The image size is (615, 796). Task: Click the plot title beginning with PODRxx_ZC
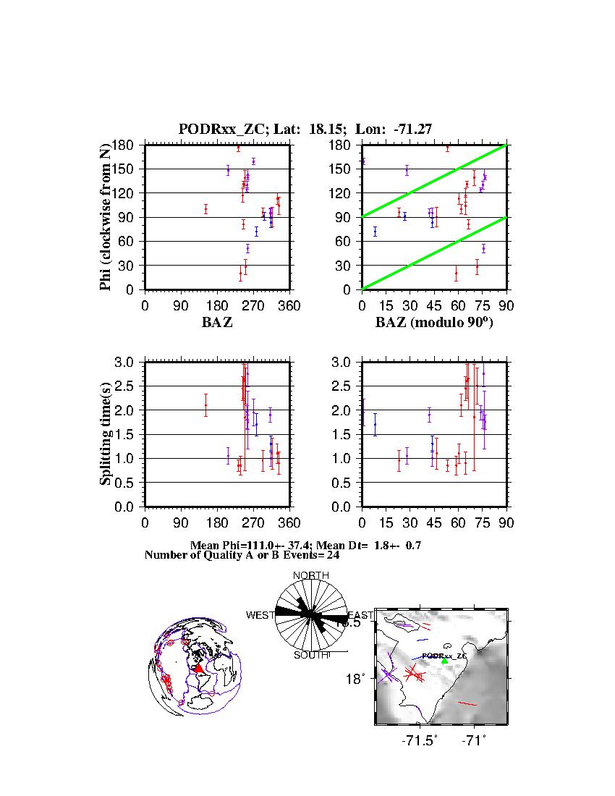(305, 130)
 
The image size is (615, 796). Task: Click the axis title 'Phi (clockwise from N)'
(106, 217)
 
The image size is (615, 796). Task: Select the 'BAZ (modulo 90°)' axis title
(434, 323)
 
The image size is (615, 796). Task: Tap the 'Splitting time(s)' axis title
(106, 434)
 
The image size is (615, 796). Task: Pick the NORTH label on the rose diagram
(310, 575)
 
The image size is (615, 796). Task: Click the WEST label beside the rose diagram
(260, 615)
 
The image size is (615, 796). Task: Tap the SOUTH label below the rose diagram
(311, 655)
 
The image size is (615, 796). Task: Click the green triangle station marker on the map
(445, 660)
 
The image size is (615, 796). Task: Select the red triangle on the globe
(199, 669)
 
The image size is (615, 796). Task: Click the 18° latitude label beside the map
(360, 679)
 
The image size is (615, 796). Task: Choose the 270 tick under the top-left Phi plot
(253, 306)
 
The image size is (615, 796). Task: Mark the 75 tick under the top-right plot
(482, 306)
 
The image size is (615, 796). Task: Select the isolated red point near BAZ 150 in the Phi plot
(205, 209)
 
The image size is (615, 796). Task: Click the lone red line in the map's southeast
(467, 703)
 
